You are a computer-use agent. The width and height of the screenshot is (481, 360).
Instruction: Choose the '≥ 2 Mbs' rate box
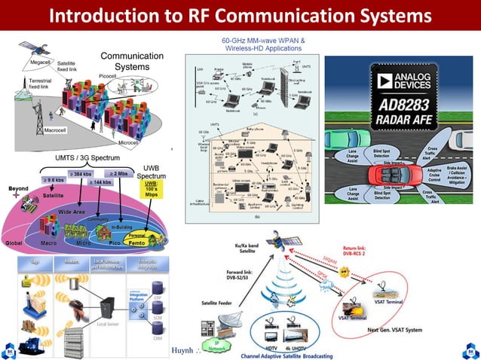point(123,174)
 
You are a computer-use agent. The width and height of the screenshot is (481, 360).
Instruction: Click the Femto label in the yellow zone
point(138,243)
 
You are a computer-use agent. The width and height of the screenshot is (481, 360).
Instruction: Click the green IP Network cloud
point(216,348)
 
